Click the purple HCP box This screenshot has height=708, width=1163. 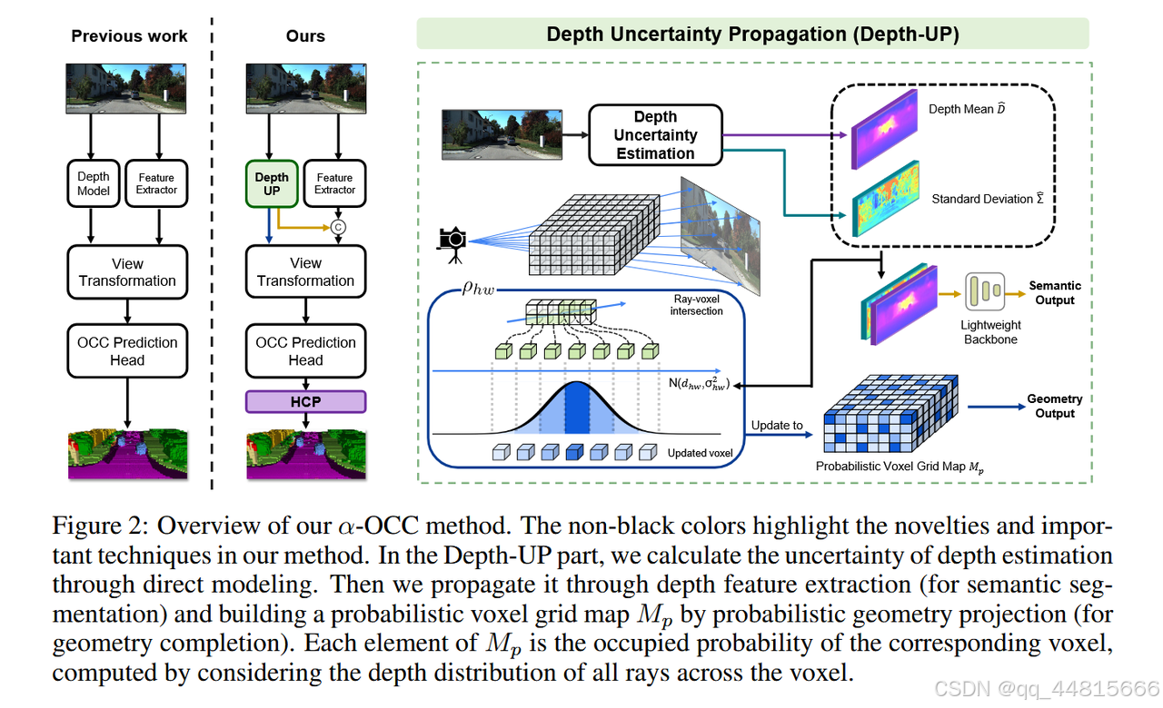305,401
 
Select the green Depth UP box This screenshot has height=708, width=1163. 272,183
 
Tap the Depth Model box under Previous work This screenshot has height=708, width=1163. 94,183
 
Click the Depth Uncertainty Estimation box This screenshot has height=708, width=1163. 655,135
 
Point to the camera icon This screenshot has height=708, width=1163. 452,240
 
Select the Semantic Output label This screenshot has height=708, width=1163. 1054,292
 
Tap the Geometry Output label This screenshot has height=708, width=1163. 1054,406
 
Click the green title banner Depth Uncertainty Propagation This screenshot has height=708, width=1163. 752,34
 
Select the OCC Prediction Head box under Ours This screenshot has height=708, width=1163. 305,351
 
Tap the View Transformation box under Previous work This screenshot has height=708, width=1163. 127,272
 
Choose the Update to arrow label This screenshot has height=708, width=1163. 777,425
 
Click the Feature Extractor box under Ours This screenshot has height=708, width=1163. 334,183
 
